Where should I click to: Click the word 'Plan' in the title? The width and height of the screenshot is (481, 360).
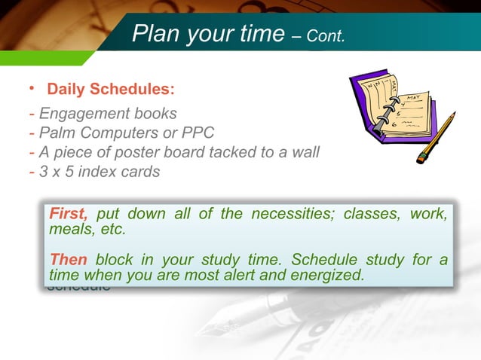point(155,32)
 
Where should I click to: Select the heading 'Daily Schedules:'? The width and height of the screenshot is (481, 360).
point(111,90)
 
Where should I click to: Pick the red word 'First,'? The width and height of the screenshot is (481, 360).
point(69,214)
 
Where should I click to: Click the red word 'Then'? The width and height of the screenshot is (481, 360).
point(68,260)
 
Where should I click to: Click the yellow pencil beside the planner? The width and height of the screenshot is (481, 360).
point(437,138)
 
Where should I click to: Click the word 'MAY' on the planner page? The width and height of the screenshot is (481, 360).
point(414,99)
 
